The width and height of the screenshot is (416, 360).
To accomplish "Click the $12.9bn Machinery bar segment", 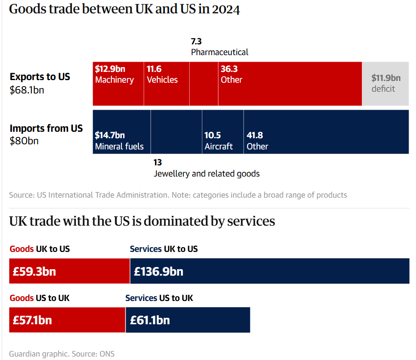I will (x=118, y=84).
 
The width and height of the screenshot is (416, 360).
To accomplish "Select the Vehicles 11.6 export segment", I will (x=166, y=84).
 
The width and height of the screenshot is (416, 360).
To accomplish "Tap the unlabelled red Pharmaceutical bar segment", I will (x=204, y=84).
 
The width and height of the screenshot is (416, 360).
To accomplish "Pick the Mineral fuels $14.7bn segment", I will (x=122, y=132).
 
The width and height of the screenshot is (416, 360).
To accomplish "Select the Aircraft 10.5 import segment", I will (x=223, y=132).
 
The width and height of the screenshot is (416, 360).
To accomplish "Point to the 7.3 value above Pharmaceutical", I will (x=196, y=42).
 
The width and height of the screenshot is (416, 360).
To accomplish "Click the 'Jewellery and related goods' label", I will (x=207, y=174).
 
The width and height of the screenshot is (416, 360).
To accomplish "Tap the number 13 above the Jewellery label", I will (x=158, y=163).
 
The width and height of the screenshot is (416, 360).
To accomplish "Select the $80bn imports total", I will (x=24, y=141).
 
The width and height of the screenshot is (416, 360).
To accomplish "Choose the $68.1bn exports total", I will (x=27, y=90).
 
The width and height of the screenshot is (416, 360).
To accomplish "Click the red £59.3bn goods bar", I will (x=69, y=271).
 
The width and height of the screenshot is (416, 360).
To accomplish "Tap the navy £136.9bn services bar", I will (x=270, y=271).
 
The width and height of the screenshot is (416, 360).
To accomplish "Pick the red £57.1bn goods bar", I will (x=67, y=320).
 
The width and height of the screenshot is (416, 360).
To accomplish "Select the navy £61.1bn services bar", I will (x=188, y=320).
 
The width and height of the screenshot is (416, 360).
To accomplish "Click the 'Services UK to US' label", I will (x=164, y=249).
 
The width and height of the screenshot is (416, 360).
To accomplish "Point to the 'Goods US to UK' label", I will (x=40, y=298).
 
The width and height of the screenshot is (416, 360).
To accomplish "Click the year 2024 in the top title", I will (x=226, y=9).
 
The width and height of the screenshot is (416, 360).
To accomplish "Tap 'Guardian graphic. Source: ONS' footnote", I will (x=62, y=354).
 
